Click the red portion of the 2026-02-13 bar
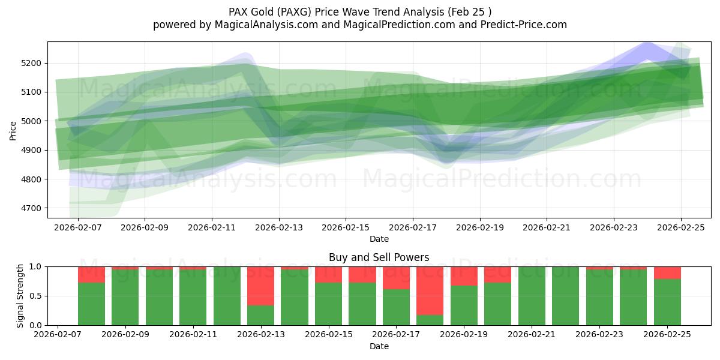point(260,286)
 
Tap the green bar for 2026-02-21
point(532,296)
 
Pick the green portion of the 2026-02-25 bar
point(667,302)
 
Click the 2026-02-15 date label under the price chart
point(346,229)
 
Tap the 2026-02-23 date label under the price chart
point(613,229)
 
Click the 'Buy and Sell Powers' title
point(379,257)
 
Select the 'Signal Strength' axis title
point(20,295)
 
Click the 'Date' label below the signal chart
point(379,346)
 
